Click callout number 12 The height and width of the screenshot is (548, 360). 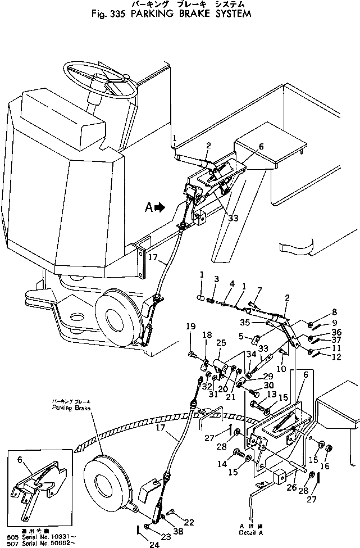pyautogui.click(x=335, y=357)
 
